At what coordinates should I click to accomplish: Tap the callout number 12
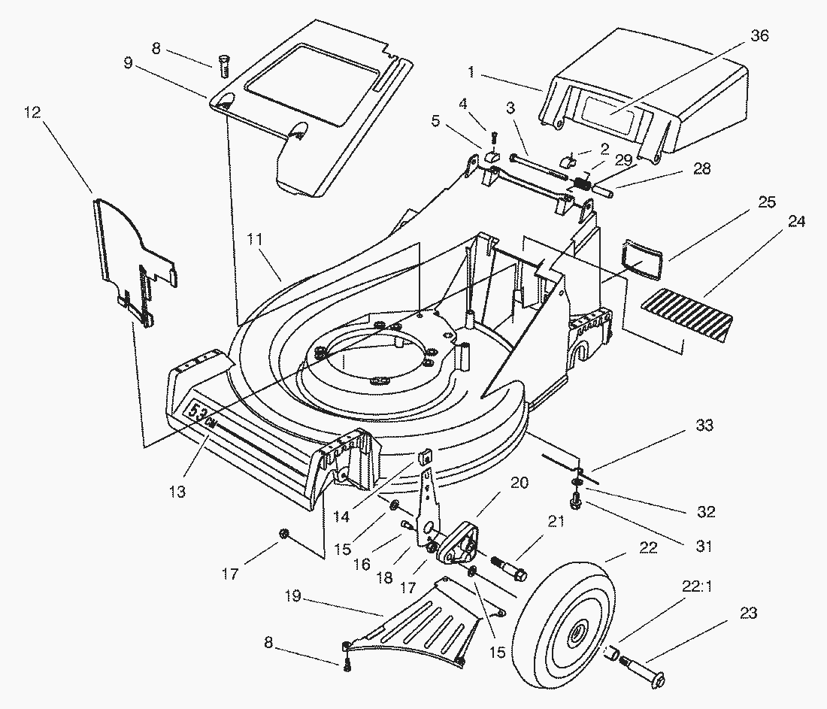pos(32,113)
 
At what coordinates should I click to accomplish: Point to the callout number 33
pos(704,426)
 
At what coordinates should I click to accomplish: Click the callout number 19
pos(292,596)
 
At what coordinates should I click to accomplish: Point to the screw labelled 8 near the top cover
pos(223,66)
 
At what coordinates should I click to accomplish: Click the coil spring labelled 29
pos(580,181)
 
